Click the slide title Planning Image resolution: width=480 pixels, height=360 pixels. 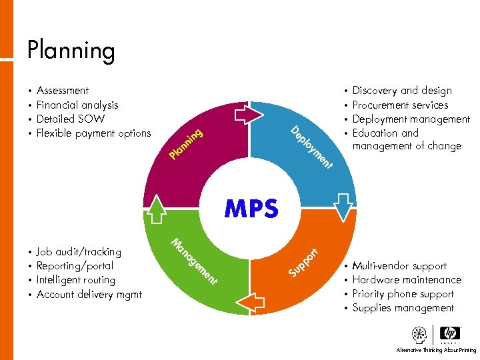(x=71, y=51)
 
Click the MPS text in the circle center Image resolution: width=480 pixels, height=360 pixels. (x=251, y=209)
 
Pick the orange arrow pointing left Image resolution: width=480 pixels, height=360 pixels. (x=250, y=303)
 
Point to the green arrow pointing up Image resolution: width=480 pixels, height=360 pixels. (x=157, y=207)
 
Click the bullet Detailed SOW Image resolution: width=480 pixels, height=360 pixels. (x=70, y=119)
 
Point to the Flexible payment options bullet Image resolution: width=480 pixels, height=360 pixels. (x=93, y=133)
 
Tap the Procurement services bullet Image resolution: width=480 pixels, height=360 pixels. (x=400, y=105)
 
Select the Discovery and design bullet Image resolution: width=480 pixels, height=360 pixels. (x=402, y=91)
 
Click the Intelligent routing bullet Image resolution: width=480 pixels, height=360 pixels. (x=76, y=280)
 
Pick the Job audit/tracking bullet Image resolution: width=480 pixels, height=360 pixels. (x=79, y=252)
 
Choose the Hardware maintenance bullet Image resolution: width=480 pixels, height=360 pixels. (x=407, y=280)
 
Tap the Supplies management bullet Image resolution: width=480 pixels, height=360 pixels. (x=403, y=308)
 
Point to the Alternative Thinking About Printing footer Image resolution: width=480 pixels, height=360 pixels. (x=436, y=350)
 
